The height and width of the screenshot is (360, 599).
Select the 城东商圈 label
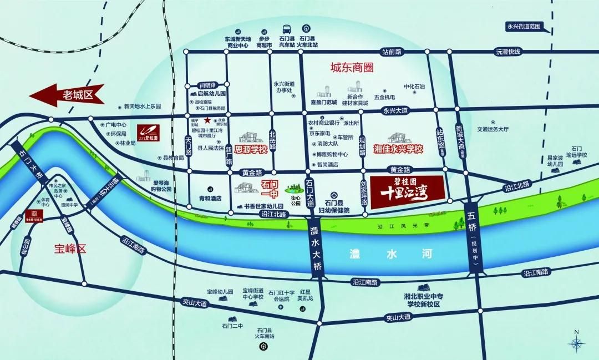(351, 68)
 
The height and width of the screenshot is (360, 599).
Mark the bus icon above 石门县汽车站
(287, 30)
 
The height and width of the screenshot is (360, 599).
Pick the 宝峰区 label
(70, 249)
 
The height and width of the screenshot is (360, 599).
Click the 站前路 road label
(392, 52)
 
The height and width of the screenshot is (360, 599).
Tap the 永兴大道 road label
(395, 111)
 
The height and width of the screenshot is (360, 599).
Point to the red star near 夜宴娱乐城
(207, 120)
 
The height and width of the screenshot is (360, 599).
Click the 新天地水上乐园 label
(142, 106)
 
